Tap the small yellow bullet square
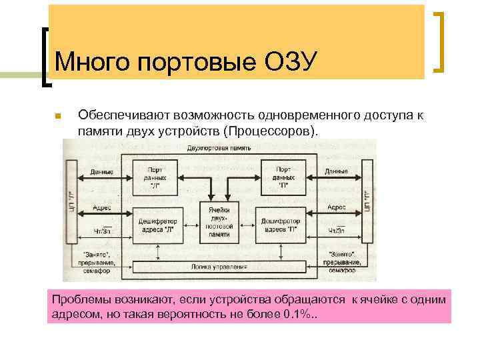58,116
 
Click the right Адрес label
337,208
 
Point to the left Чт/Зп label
101,231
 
